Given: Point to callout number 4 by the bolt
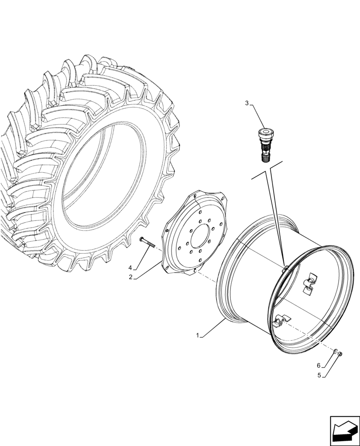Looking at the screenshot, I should [x=131, y=268].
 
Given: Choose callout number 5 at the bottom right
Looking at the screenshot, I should [x=319, y=375].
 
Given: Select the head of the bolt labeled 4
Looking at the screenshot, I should [x=142, y=240].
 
